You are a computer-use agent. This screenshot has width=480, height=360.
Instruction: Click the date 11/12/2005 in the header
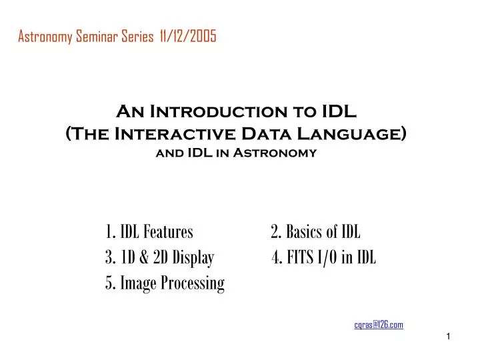[x=188, y=37]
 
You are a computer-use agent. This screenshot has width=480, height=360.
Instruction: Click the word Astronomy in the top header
[x=43, y=37]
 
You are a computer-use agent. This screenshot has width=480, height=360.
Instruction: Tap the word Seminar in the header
[x=96, y=37]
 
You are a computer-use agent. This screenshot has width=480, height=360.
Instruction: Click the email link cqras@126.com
[x=379, y=325]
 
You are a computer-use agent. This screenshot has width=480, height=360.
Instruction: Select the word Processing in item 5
[x=193, y=283]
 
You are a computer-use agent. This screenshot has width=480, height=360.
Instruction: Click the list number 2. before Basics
[x=276, y=233]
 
